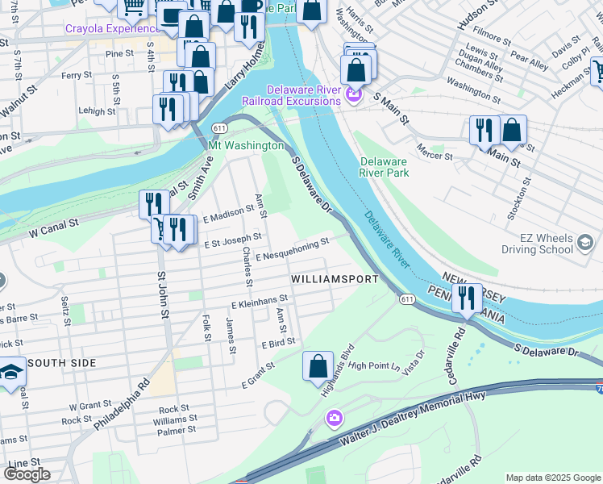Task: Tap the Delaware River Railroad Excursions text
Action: (292, 94)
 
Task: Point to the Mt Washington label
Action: (246, 146)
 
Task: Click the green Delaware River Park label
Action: (385, 167)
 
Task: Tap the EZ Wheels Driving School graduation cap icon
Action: (584, 240)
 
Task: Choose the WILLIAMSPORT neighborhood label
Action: (335, 279)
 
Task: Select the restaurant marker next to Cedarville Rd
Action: (465, 298)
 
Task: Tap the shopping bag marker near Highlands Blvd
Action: (318, 365)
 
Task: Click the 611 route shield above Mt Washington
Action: (220, 129)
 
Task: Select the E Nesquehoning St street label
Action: (293, 248)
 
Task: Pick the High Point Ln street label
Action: (375, 365)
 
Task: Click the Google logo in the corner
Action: (27, 474)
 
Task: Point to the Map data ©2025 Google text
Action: (552, 478)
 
